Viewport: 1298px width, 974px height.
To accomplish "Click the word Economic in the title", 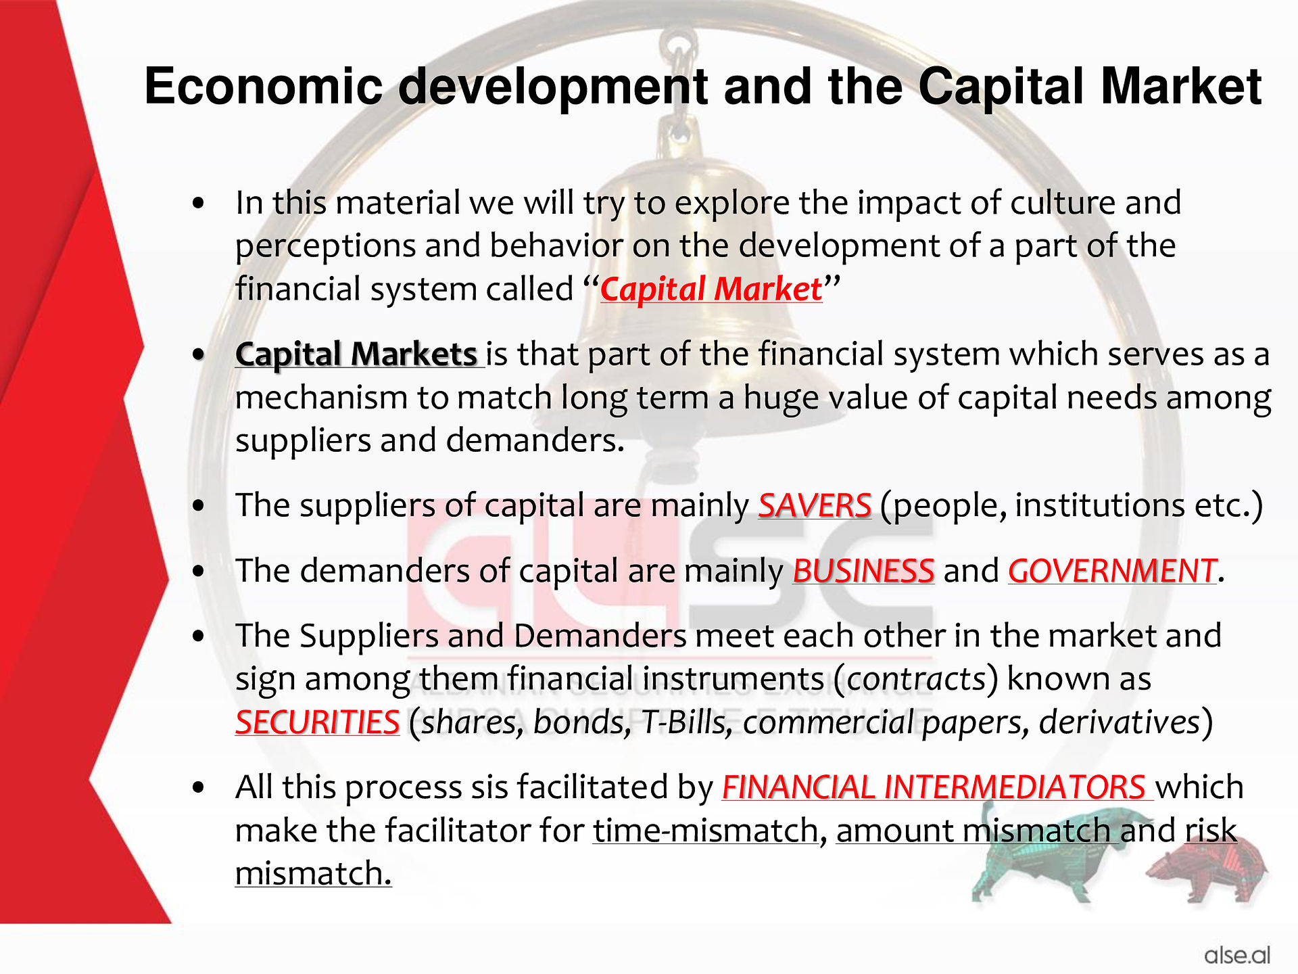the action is coord(264,87).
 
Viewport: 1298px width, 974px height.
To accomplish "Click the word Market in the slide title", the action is coord(1181,87).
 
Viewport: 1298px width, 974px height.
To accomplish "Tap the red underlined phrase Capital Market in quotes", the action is coord(711,289).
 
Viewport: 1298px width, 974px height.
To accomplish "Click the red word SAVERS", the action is coord(815,505).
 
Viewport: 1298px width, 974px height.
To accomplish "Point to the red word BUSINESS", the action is coord(863,571).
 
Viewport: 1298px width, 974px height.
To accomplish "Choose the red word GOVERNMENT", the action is coord(1112,571).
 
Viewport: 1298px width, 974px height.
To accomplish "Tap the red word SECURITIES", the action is coord(318,722).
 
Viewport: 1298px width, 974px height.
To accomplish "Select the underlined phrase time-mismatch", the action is coord(706,831).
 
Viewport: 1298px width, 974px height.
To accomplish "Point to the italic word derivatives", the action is coord(1119,722).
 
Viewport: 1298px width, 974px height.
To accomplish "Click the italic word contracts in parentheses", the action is coord(916,679).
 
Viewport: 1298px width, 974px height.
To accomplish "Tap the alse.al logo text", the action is coord(1236,955).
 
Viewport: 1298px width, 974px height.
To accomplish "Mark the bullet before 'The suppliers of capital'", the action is coord(198,506).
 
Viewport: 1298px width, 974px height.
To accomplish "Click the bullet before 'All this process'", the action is coord(198,788).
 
